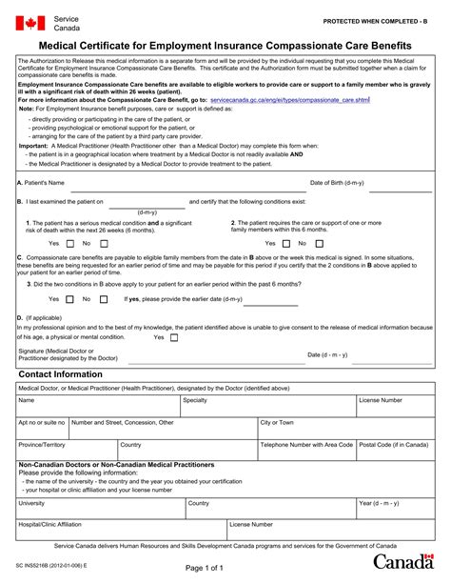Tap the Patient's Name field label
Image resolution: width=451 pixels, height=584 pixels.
[x=41, y=182]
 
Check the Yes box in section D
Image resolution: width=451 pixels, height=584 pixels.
[x=172, y=336]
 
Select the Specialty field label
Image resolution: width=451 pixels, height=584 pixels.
[x=195, y=400]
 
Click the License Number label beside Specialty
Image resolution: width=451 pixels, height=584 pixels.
[x=381, y=400]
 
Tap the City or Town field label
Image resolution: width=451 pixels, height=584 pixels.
[x=277, y=422]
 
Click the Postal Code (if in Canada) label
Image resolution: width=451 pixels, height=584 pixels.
[x=397, y=444]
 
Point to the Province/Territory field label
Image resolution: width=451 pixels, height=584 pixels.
[x=42, y=444]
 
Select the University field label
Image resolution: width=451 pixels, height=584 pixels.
[x=31, y=502]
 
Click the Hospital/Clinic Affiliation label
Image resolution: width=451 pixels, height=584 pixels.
[x=49, y=524]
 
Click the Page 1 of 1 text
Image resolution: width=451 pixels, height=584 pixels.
[x=225, y=568]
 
